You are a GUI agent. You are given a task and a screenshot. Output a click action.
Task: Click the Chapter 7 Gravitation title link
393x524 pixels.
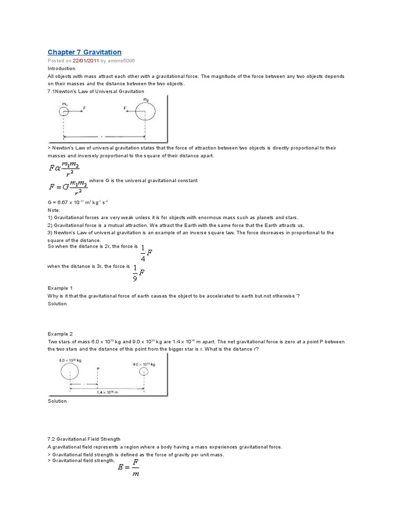84,52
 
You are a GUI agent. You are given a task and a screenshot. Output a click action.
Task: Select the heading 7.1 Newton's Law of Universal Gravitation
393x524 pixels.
96,91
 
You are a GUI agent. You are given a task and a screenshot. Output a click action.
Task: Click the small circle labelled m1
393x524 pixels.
63,111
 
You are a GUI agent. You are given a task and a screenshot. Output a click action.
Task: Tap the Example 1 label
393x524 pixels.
60,288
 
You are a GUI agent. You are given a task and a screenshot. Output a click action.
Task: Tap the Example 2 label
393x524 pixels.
60,334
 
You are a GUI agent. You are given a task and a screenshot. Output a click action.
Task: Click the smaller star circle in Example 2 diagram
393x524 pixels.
145,371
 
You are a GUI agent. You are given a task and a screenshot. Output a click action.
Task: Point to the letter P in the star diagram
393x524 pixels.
97,367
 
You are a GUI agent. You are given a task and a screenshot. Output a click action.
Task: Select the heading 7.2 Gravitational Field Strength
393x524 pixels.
84,439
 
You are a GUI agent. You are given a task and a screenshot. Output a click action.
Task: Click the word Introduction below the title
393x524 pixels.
61,69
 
